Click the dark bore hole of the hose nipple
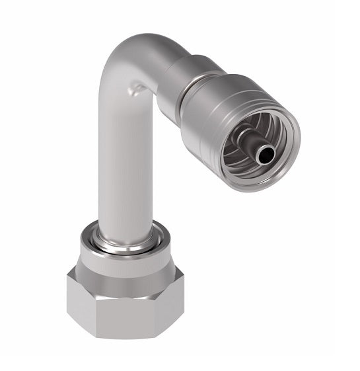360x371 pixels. (266, 155)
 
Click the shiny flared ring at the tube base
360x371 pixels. (126, 238)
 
